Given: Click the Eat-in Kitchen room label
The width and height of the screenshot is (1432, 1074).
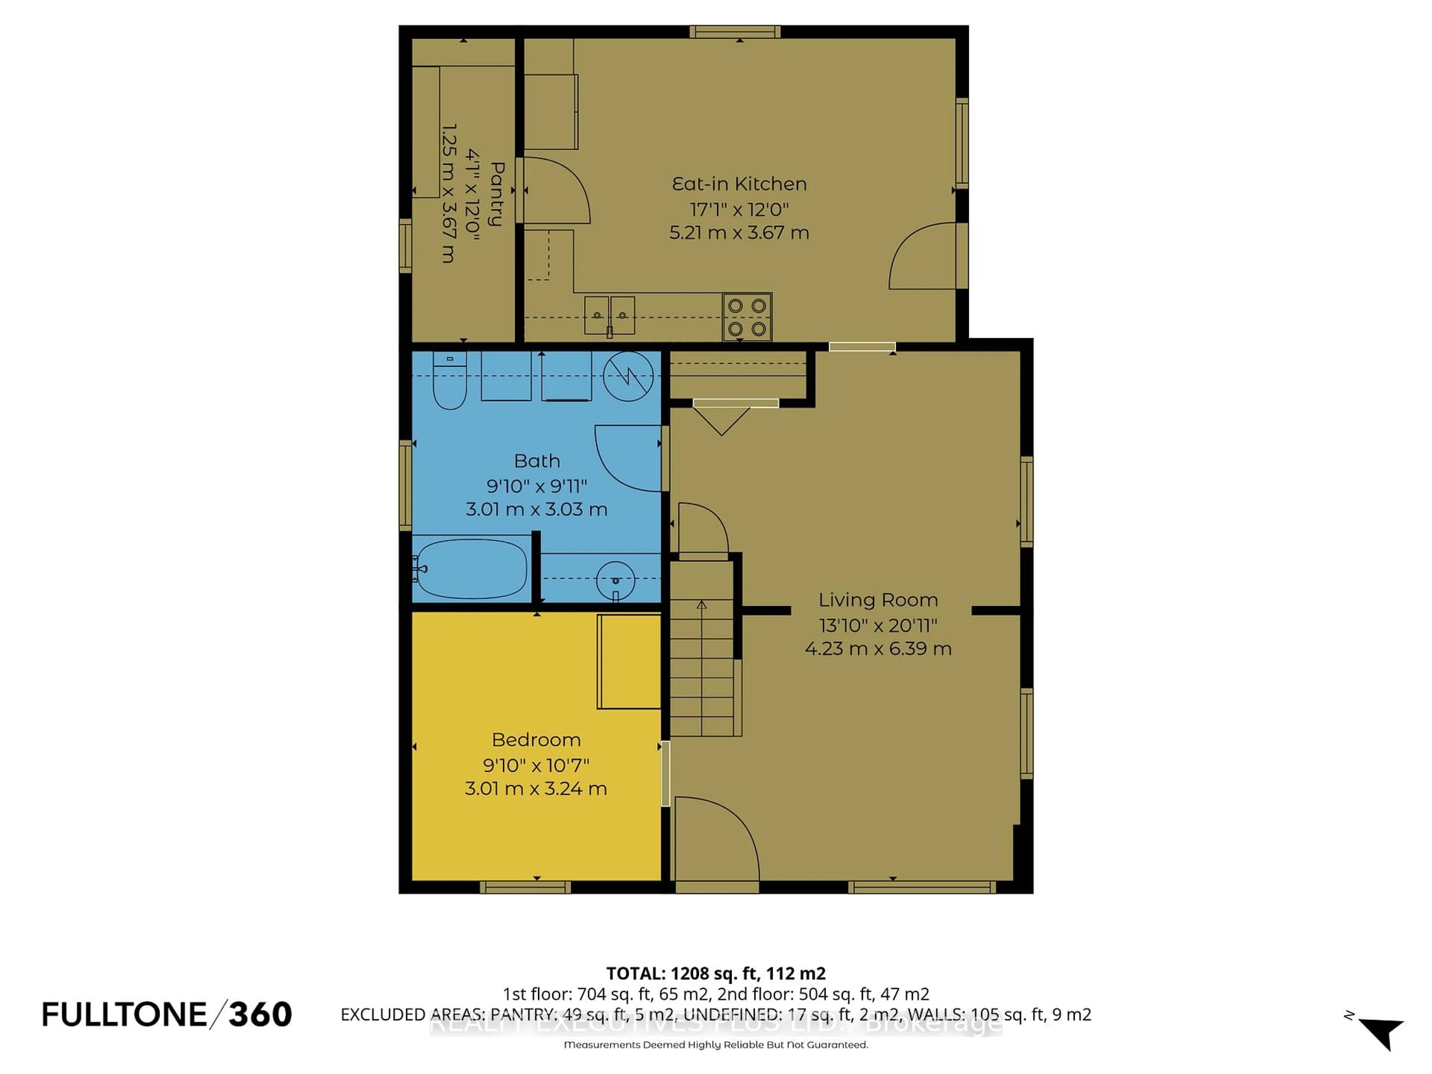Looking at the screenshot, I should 739,184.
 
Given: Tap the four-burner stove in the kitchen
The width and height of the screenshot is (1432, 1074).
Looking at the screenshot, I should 747,317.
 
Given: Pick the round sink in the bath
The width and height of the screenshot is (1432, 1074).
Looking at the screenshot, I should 615,580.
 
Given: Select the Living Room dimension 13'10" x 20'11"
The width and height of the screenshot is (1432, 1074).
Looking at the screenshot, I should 878,625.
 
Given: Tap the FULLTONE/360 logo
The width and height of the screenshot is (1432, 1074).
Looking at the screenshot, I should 167,1014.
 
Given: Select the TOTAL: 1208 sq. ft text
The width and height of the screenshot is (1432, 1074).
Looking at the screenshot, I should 715,973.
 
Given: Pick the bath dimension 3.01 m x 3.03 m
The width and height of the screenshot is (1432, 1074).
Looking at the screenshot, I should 536,509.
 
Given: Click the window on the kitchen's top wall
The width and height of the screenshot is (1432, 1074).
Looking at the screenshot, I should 734,32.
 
